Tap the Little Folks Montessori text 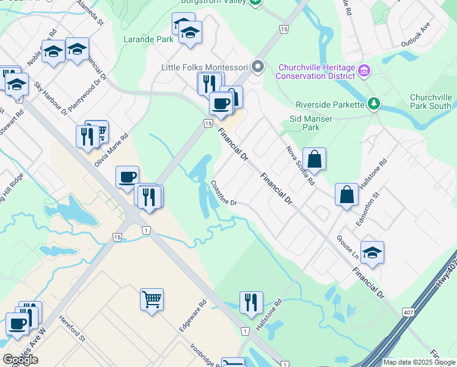203,67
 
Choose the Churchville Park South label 431,102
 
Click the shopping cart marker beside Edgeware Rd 152,300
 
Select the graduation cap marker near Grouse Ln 373,252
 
